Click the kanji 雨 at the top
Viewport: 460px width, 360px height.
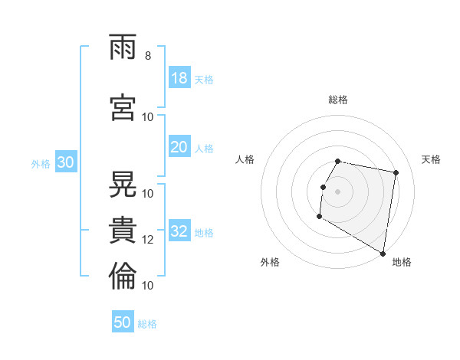point(123,47)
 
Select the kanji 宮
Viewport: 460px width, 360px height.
point(123,107)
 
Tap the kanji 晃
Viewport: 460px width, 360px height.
point(123,184)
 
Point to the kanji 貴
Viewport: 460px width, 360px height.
point(123,230)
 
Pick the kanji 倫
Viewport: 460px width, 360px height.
point(123,276)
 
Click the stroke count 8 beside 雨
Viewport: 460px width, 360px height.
point(148,56)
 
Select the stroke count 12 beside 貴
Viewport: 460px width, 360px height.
point(147,240)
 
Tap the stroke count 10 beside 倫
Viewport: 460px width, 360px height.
point(147,286)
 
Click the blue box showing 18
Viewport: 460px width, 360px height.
point(179,77)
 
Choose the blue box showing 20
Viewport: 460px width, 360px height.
point(179,146)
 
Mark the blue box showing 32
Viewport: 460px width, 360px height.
point(179,230)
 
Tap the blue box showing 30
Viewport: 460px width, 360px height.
point(66,162)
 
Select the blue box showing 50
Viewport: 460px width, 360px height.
point(123,321)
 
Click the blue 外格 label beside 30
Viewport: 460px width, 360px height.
point(41,164)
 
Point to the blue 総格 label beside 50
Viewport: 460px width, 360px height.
point(147,324)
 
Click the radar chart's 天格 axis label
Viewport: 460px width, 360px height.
point(431,159)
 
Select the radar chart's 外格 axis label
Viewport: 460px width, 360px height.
point(270,262)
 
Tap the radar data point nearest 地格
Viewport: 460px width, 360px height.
point(383,254)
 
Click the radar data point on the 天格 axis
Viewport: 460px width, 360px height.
point(396,172)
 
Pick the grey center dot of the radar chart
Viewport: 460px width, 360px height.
point(337,192)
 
